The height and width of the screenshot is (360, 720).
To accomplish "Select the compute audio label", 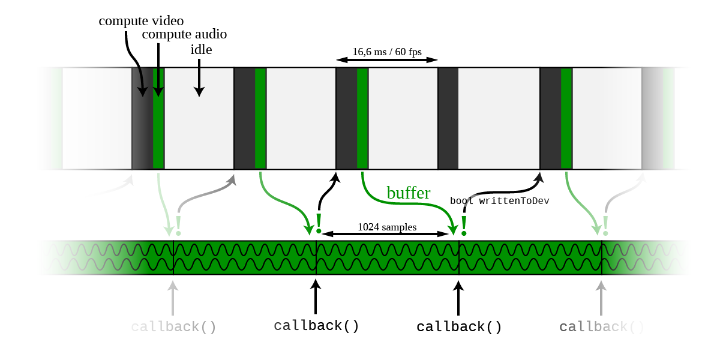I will (x=184, y=34).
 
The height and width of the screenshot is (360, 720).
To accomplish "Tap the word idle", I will (x=201, y=50).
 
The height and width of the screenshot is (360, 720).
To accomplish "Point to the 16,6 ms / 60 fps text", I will (x=386, y=52).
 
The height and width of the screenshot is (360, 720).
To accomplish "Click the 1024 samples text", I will (x=387, y=227).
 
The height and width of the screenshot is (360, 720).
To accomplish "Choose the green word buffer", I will (x=408, y=193).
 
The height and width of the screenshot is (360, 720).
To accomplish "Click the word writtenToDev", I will (x=514, y=202).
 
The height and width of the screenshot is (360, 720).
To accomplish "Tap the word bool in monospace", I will (x=461, y=202).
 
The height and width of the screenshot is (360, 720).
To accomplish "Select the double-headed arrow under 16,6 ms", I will (x=387, y=60).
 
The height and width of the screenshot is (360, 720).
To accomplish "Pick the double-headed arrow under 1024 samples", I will (x=387, y=233).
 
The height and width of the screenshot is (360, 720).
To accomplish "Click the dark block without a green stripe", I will (x=448, y=118).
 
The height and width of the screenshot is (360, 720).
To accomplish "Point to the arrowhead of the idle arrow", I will (x=199, y=92).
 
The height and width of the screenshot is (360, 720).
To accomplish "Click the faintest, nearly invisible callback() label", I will (x=173, y=327).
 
